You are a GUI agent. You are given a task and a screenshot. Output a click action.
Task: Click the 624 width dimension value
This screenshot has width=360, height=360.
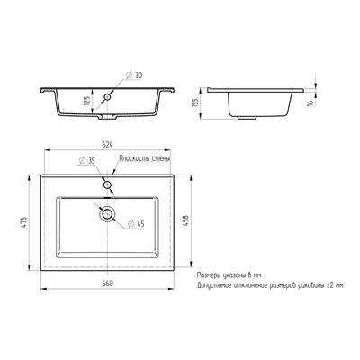coord(108,144)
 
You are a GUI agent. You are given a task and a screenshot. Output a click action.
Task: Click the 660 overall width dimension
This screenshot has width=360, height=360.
coord(108,283)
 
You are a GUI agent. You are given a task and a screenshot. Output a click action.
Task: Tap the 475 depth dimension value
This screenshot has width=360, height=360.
coord(24,223)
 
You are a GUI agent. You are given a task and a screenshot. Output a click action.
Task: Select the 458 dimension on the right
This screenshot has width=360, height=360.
coord(186,220)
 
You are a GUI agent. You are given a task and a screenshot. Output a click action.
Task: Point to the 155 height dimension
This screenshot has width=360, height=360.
coord(195,103)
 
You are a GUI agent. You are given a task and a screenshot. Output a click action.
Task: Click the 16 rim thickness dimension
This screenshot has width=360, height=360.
coord(310,102)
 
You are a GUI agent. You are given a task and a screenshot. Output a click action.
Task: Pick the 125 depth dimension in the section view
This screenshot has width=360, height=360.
coord(87,101)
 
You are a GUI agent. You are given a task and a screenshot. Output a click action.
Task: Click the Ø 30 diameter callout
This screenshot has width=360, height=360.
coord(133,76)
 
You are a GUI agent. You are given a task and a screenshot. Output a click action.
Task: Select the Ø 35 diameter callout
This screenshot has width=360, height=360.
coord(86,160)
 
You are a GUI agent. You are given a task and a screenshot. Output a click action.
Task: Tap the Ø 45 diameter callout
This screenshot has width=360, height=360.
coord(136,224)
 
